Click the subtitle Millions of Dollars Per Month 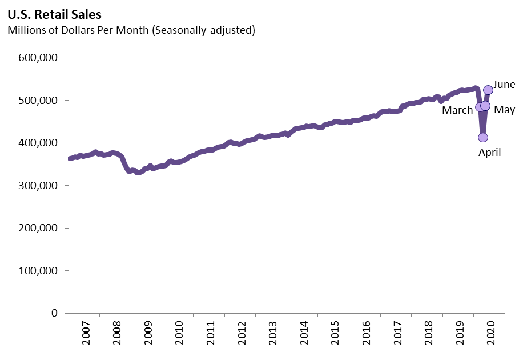tap(131, 30)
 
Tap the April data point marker tap(483, 137)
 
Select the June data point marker tap(488, 90)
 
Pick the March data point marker tap(480, 107)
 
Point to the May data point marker tap(485, 106)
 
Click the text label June tap(504, 85)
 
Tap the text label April tap(489, 153)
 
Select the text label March tap(457, 110)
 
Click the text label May tap(505, 110)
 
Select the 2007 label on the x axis tap(86, 335)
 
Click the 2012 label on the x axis tap(242, 335)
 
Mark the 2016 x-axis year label tap(367, 335)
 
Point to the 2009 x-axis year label tap(148, 335)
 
